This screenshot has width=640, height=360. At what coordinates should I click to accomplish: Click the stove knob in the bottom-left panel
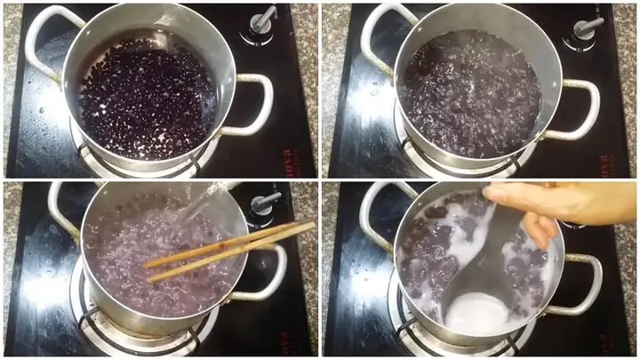(264, 203)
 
